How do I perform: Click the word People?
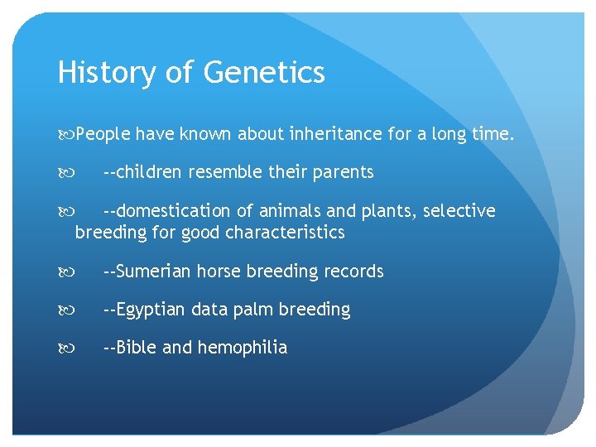click(x=103, y=134)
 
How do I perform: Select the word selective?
click(x=459, y=211)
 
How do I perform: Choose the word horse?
click(x=219, y=272)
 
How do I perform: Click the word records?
click(x=353, y=272)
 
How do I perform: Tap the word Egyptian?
click(x=151, y=310)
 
